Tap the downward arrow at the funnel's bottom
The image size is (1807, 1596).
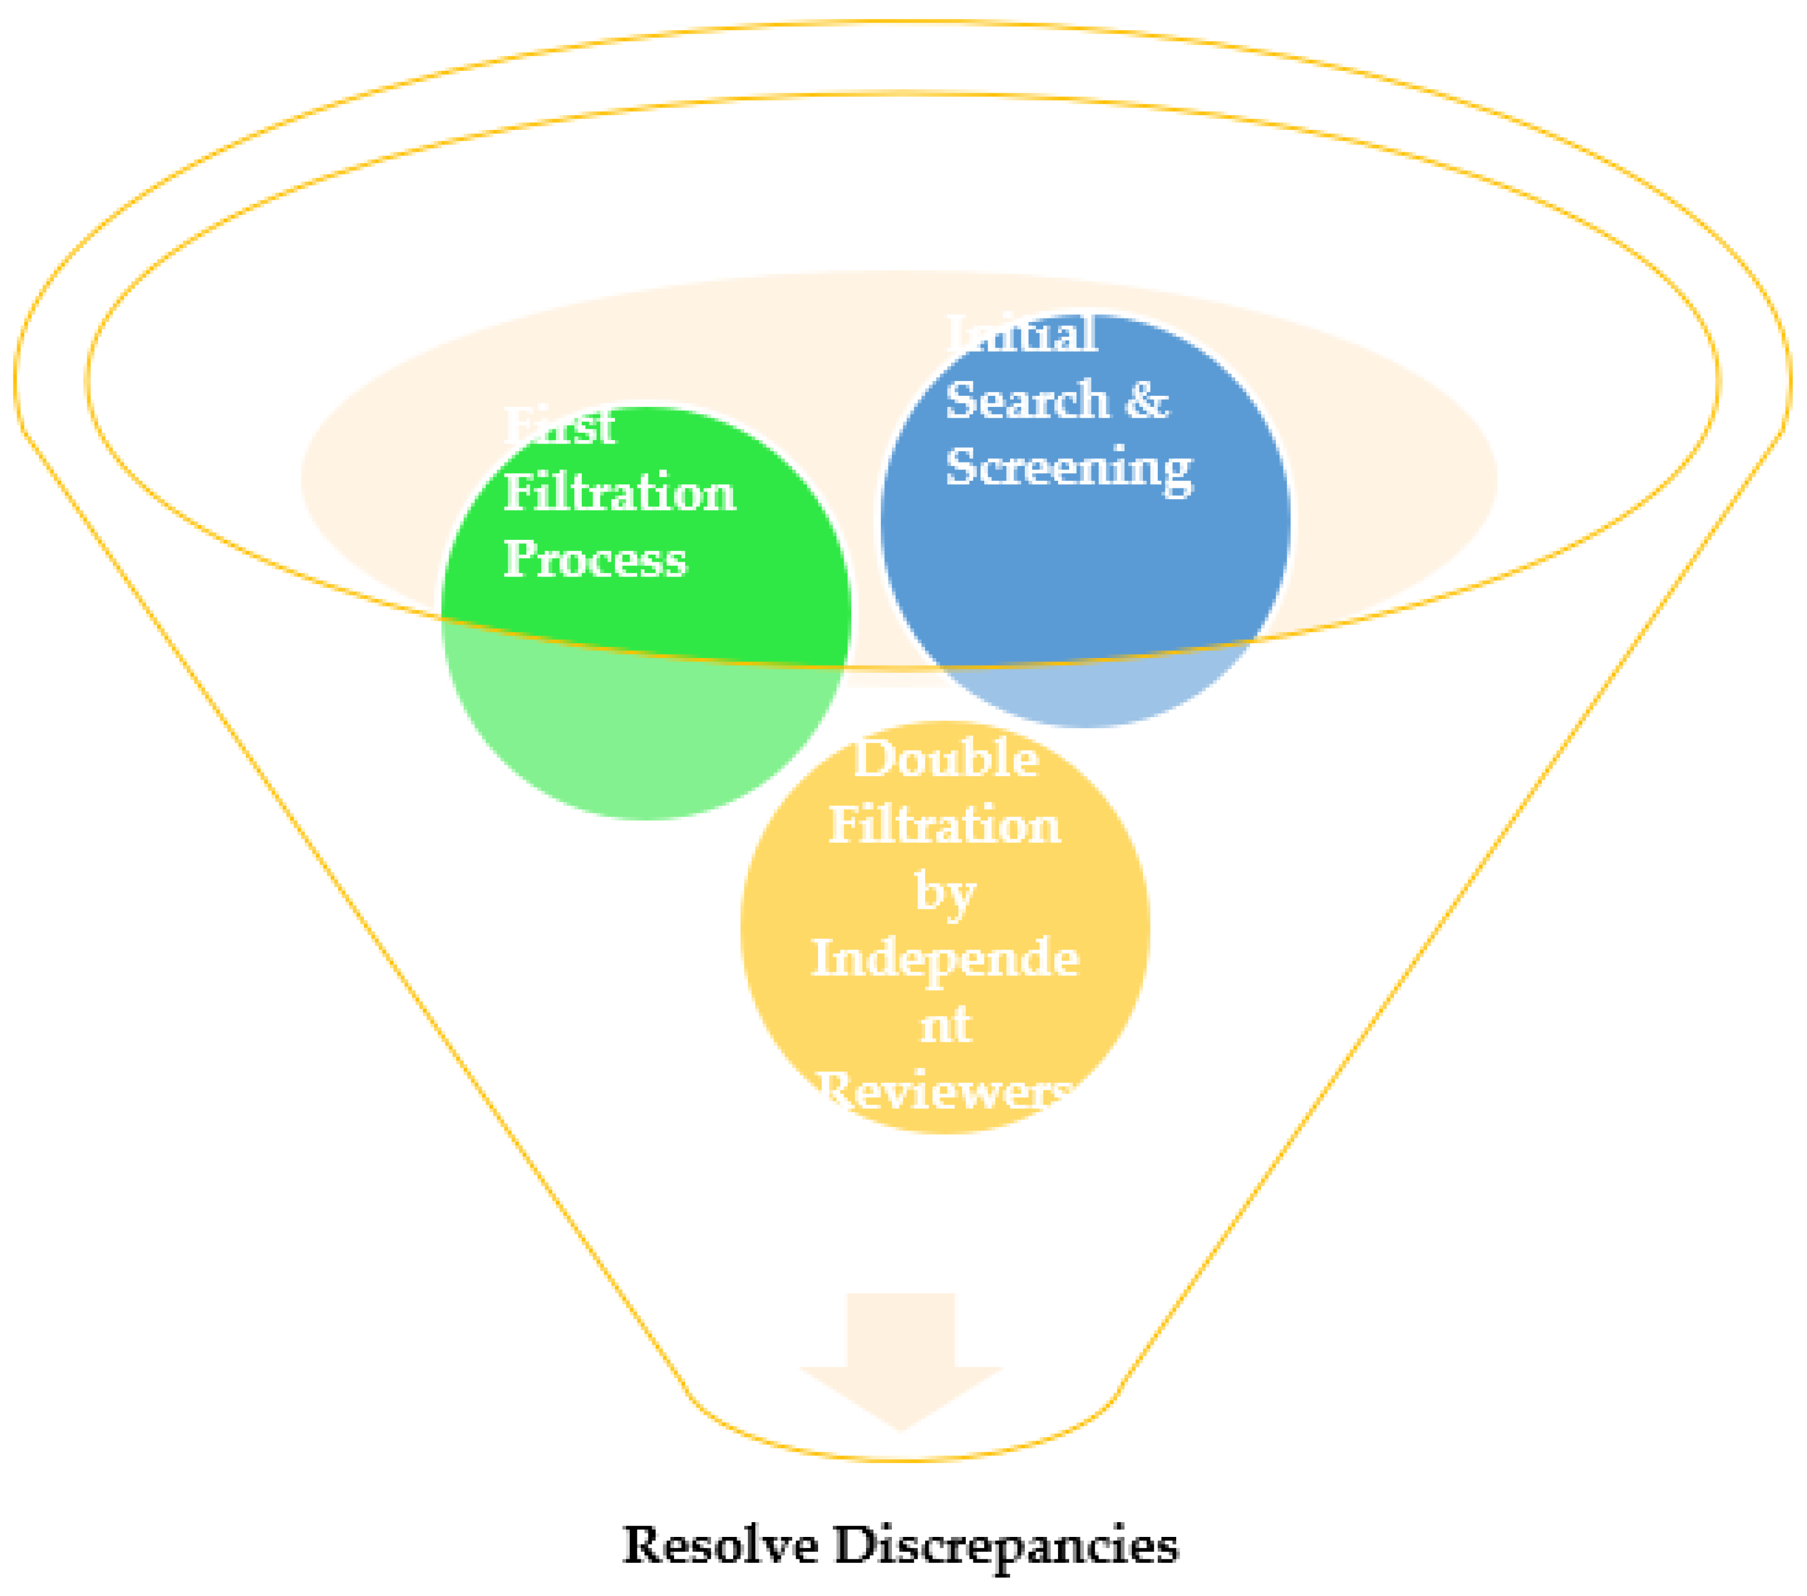(x=900, y=1359)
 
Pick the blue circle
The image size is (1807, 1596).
(x=1086, y=566)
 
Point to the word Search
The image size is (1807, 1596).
(x=1027, y=400)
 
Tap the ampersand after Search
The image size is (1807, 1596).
(x=1147, y=400)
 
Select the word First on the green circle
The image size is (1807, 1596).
(x=559, y=427)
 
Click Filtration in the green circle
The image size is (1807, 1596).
(x=619, y=493)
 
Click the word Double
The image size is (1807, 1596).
(x=945, y=758)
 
